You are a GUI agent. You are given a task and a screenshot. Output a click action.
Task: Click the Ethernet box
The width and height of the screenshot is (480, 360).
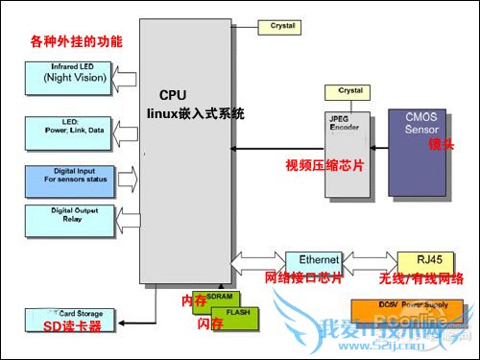[313, 260]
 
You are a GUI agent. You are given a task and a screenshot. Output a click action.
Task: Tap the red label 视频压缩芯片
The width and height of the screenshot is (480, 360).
[325, 164]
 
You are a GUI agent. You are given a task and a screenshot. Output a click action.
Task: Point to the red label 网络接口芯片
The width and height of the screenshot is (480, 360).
[302, 279]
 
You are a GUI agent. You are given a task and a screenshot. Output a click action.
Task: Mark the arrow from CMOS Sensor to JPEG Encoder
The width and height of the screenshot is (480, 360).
[380, 148]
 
